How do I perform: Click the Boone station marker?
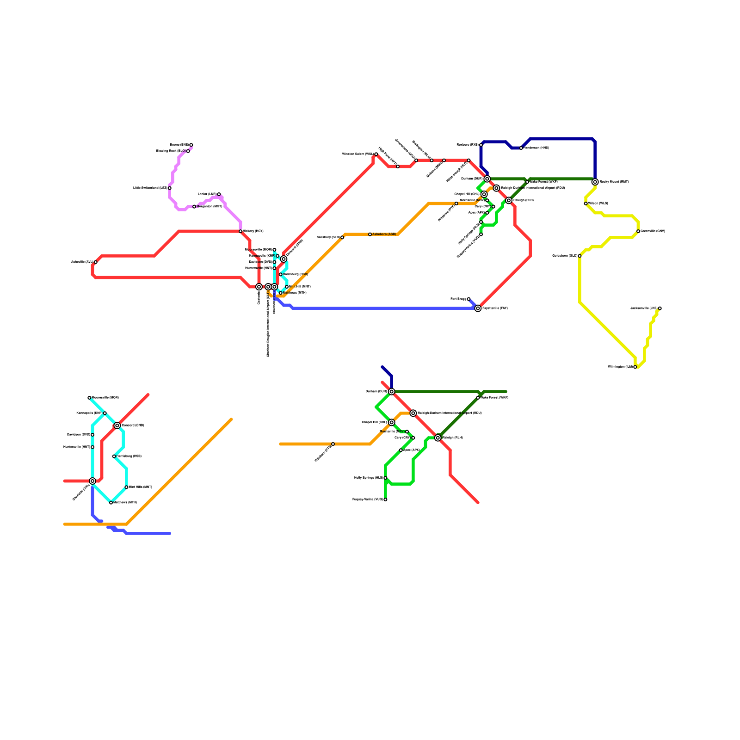pyautogui.click(x=191, y=145)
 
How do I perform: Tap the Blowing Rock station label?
pyautogui.click(x=171, y=151)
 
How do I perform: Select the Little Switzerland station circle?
pyautogui.click(x=170, y=188)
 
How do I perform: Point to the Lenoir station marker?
pyautogui.click(x=219, y=194)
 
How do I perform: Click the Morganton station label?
pyautogui.click(x=210, y=207)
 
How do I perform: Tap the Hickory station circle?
pyautogui.click(x=240, y=231)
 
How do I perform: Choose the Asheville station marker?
pyautogui.click(x=95, y=262)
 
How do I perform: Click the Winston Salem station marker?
pyautogui.click(x=376, y=154)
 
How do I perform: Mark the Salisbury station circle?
pyautogui.click(x=342, y=237)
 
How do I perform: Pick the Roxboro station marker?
pyautogui.click(x=481, y=145)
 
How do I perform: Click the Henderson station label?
pyautogui.click(x=536, y=148)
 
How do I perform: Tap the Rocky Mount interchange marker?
pyautogui.click(x=595, y=182)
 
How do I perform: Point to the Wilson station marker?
pyautogui.click(x=586, y=203)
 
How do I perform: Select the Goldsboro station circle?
pyautogui.click(x=580, y=256)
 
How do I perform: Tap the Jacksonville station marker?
pyautogui.click(x=660, y=308)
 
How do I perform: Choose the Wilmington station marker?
pyautogui.click(x=635, y=367)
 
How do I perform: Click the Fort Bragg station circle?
pyautogui.click(x=469, y=299)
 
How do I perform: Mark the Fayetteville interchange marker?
pyautogui.click(x=478, y=308)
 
